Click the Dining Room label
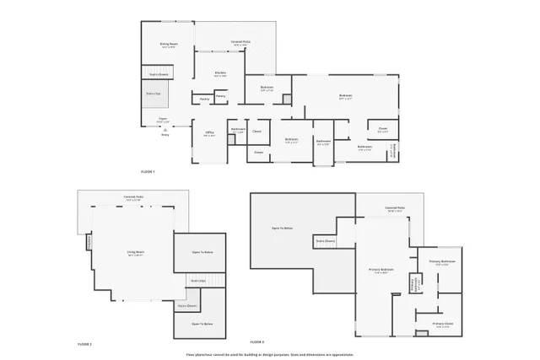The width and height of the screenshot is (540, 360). [x=169, y=45]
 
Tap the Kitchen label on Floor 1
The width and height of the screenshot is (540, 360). [x=219, y=73]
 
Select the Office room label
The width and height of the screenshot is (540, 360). [x=209, y=133]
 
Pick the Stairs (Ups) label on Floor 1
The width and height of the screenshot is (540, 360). [x=153, y=93]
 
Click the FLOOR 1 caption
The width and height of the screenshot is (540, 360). [x=148, y=171]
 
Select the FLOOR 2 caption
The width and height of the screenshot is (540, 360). [x=84, y=344]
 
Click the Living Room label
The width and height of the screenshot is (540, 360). [x=136, y=253]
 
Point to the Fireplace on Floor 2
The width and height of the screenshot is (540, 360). [x=89, y=242]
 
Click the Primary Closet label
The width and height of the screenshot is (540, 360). [x=443, y=325]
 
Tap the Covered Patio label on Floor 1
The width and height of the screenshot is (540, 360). [x=240, y=43]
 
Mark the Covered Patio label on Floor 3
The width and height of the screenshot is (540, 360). [x=395, y=208]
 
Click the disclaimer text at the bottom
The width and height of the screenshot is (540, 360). [x=270, y=355]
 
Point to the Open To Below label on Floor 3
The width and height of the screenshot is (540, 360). [x=282, y=228]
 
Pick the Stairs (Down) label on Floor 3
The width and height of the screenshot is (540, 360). [x=326, y=240]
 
